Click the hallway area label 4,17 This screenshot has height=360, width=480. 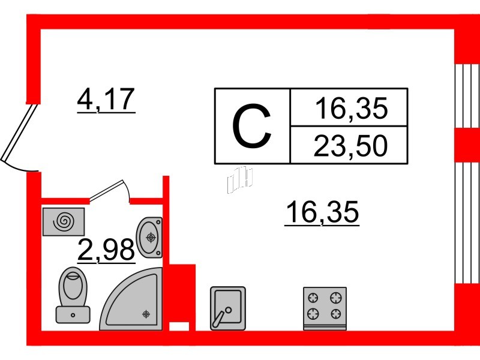click(x=106, y=99)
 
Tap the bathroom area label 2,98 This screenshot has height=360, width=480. click(x=106, y=249)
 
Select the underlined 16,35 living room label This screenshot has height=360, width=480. click(x=322, y=212)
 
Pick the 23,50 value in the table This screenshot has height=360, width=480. click(x=350, y=146)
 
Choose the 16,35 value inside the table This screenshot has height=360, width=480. click(x=352, y=108)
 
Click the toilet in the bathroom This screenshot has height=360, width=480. click(x=73, y=295)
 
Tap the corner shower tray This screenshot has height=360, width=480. click(x=131, y=299)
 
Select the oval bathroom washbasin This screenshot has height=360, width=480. click(x=149, y=238)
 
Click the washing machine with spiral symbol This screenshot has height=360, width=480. click(x=64, y=221)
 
